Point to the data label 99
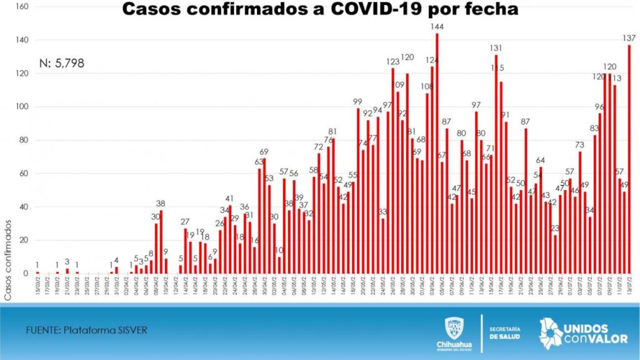pyautogui.click(x=357, y=102)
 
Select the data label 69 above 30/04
pyautogui.click(x=264, y=152)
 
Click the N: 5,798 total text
pyautogui.click(x=61, y=63)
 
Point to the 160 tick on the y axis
pyautogui.click(x=21, y=7)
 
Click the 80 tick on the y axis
pyautogui.click(x=24, y=140)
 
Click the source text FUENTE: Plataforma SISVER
pyautogui.click(x=87, y=330)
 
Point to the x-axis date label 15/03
pyautogui.click(x=38, y=289)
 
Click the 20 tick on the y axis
pyautogui.click(x=24, y=240)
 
